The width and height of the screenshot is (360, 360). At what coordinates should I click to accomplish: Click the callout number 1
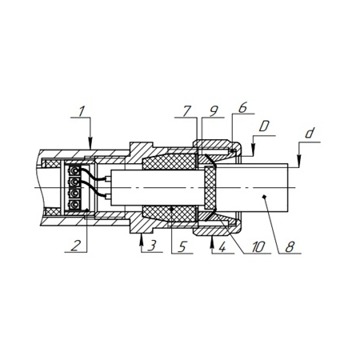[82, 111]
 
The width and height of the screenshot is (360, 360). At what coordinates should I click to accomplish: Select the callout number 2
[75, 246]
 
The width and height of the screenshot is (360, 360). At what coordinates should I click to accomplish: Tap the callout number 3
[152, 246]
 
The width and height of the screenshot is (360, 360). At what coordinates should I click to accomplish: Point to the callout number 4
[222, 246]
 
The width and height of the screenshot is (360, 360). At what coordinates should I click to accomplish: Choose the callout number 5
[182, 247]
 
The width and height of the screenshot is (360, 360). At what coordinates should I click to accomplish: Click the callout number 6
[242, 108]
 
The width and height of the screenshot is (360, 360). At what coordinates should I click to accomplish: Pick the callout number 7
[187, 111]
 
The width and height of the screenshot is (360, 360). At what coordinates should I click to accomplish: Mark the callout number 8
[290, 247]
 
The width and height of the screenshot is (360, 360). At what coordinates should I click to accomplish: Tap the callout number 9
[214, 111]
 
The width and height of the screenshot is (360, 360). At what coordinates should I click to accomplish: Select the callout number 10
[258, 247]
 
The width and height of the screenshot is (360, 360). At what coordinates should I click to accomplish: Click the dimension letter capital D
[264, 126]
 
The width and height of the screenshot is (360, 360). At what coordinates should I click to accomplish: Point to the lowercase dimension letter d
[310, 133]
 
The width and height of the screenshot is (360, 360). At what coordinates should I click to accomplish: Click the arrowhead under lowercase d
[299, 162]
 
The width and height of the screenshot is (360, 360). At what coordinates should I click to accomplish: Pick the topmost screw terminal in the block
[74, 170]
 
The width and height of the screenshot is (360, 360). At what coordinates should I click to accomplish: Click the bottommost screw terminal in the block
[74, 205]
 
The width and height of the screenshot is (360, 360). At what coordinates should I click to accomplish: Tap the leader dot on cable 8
[264, 197]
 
